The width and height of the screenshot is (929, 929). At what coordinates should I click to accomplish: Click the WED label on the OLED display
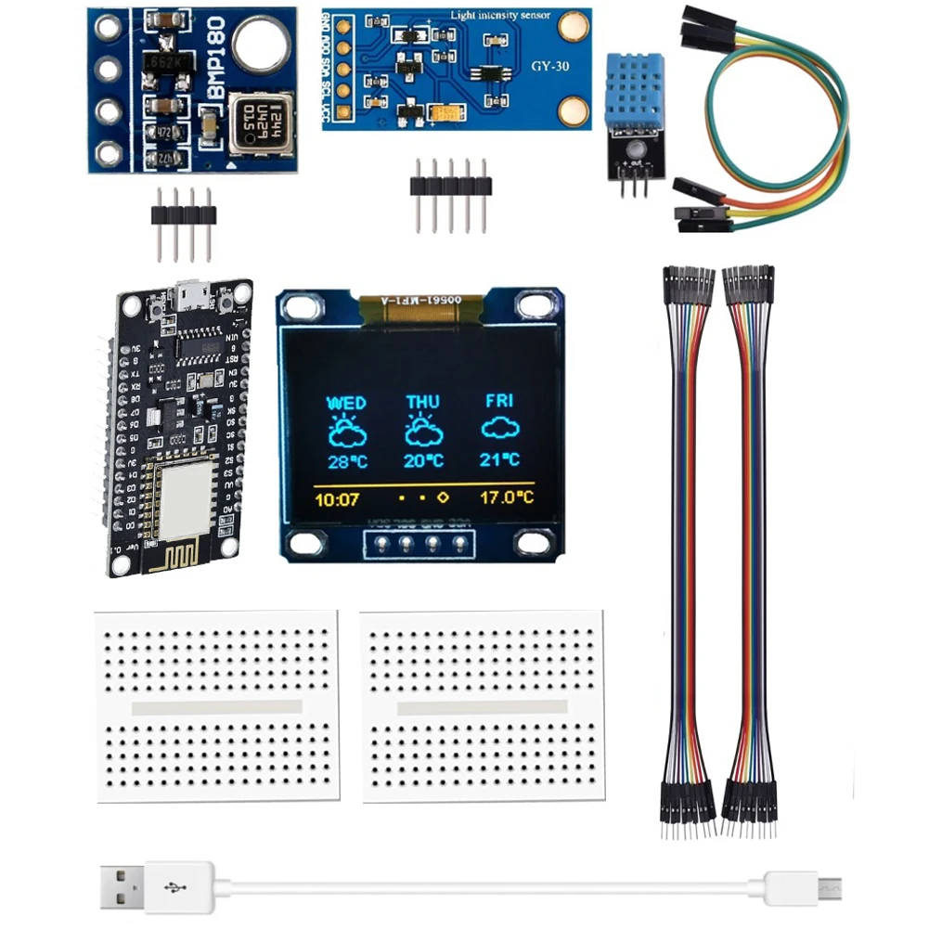[x=346, y=404]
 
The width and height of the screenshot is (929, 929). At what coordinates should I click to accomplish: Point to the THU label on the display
[x=423, y=403]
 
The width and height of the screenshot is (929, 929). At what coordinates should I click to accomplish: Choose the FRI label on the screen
[x=499, y=402]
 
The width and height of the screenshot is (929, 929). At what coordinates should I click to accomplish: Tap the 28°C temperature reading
[x=346, y=461]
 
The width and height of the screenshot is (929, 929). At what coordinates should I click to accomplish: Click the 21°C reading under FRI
[x=499, y=459]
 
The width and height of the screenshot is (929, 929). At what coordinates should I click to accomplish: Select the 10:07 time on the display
[x=337, y=499]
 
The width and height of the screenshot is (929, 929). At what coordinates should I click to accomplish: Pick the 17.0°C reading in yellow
[x=507, y=497]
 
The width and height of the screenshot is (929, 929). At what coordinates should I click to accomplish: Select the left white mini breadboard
[x=217, y=706]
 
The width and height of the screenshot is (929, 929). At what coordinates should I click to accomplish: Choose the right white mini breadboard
[x=483, y=706]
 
